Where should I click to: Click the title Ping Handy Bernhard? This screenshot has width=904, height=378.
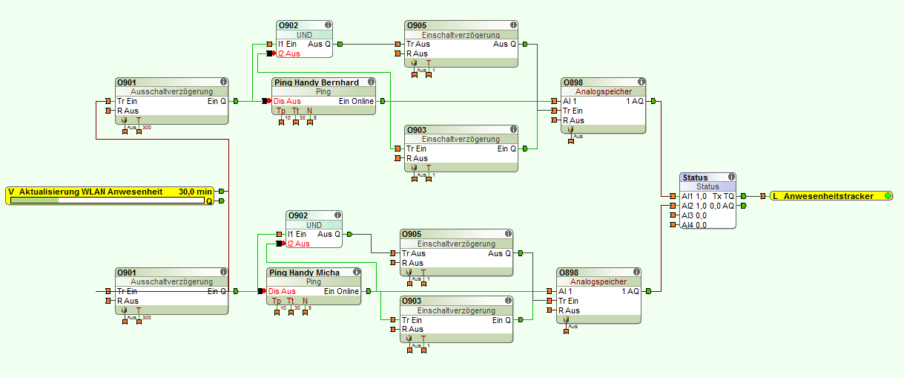click(316, 82)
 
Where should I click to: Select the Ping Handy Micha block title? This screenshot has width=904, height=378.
click(304, 273)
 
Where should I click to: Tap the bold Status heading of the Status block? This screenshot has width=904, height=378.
click(696, 177)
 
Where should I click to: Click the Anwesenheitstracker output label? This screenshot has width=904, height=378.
click(828, 196)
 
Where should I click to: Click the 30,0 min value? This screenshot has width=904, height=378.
click(195, 192)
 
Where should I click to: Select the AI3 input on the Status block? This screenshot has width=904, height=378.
click(694, 215)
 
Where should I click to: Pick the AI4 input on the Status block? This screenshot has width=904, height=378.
click(694, 225)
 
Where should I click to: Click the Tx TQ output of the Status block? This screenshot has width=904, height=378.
click(723, 196)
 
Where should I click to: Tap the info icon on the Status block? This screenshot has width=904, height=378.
click(732, 177)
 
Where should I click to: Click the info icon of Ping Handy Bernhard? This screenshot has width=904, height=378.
click(370, 82)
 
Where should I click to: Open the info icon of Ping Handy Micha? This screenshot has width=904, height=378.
click(356, 273)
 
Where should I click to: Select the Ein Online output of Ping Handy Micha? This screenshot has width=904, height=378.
click(341, 291)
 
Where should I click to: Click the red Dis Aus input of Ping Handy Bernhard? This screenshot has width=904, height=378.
click(287, 101)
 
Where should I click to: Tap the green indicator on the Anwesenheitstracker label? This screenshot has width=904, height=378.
click(888, 196)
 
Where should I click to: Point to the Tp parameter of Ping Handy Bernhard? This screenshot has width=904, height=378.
click(281, 111)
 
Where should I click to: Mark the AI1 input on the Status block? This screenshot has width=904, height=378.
click(694, 196)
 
